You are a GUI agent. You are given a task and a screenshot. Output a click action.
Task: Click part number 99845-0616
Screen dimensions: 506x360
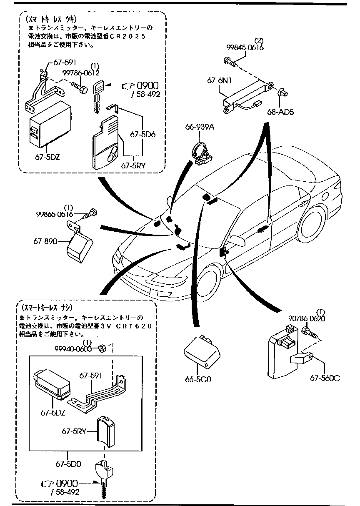(x=245, y=48)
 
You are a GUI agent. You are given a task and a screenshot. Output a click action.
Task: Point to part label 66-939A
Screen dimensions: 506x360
(x=200, y=128)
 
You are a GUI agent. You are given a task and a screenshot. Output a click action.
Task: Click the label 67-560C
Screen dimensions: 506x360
(x=325, y=378)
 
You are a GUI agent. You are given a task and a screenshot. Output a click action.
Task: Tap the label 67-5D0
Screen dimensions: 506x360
(x=67, y=463)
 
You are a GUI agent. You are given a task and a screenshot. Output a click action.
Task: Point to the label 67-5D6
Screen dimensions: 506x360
(x=142, y=135)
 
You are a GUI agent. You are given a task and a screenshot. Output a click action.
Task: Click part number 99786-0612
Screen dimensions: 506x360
(x=81, y=73)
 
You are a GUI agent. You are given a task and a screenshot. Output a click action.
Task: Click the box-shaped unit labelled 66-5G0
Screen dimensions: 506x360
(x=201, y=352)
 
